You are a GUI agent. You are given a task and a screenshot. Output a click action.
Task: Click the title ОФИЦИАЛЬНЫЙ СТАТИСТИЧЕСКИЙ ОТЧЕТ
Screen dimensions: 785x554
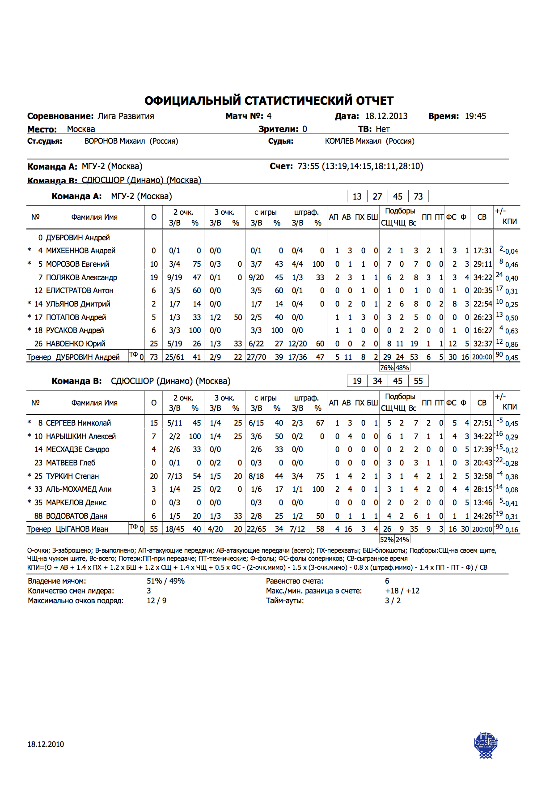269,100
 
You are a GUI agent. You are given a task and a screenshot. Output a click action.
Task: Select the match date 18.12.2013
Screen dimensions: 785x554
386,116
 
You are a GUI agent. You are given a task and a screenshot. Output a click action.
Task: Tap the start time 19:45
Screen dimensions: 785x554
475,116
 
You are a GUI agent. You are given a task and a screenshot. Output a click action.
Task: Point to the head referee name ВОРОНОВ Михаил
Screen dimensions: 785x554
115,141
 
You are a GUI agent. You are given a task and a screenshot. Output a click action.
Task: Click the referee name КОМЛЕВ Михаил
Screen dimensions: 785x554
353,141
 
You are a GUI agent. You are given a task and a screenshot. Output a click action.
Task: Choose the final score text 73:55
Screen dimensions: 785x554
308,166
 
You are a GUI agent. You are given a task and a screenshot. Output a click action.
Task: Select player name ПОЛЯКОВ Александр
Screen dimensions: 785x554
81,277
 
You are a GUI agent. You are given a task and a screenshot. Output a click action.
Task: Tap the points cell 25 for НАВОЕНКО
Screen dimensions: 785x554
154,344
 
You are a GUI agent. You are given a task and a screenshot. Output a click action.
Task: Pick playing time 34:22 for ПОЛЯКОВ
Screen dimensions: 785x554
482,277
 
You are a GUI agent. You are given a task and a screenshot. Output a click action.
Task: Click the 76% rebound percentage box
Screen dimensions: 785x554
387,368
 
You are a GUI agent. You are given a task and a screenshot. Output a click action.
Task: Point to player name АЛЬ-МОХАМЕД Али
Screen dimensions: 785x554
79,489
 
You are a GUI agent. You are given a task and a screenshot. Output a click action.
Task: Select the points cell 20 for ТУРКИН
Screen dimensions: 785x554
154,476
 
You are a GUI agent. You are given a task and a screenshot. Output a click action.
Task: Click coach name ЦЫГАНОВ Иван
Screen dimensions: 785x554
82,529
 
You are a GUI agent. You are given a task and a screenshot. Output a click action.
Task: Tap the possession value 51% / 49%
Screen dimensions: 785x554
165,581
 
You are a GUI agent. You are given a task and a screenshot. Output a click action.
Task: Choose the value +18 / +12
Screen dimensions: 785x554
402,591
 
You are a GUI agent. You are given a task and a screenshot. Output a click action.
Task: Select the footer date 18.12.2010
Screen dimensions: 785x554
46,744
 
